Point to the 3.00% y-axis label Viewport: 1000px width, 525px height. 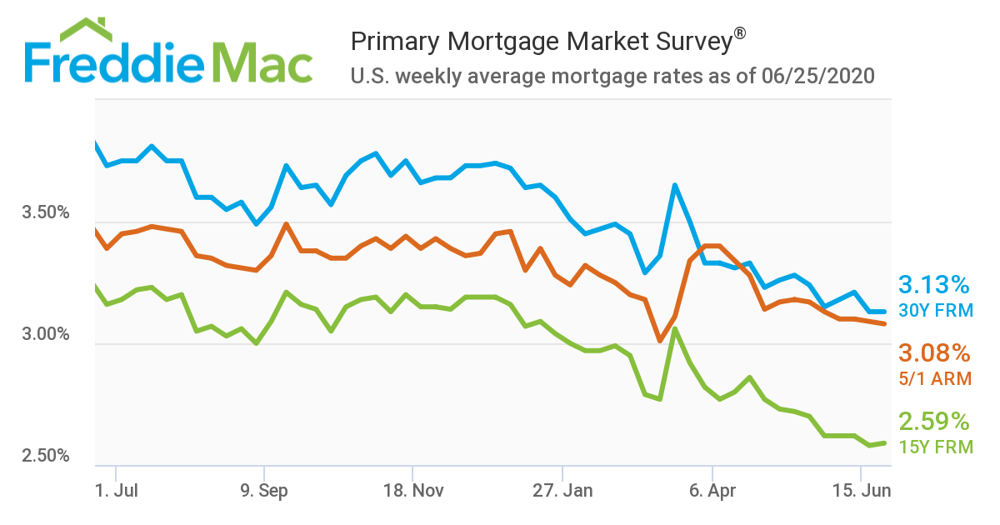tap(45, 334)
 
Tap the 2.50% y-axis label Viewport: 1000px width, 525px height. tap(45, 456)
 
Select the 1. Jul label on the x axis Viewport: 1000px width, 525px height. tap(116, 491)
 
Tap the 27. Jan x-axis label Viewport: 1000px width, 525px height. tap(562, 491)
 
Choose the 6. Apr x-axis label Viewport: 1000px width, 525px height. tap(712, 491)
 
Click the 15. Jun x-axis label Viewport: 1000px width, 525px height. tap(862, 491)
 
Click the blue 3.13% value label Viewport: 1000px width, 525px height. tap(934, 285)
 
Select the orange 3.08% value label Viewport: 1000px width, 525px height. tap(934, 352)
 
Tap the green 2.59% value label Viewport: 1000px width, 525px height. tap(934, 420)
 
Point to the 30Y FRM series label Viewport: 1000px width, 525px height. tap(935, 310)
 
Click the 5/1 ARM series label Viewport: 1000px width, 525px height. tap(935, 378)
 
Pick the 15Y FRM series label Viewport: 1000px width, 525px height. tap(935, 447)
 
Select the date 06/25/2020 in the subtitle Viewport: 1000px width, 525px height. tap(817, 77)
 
